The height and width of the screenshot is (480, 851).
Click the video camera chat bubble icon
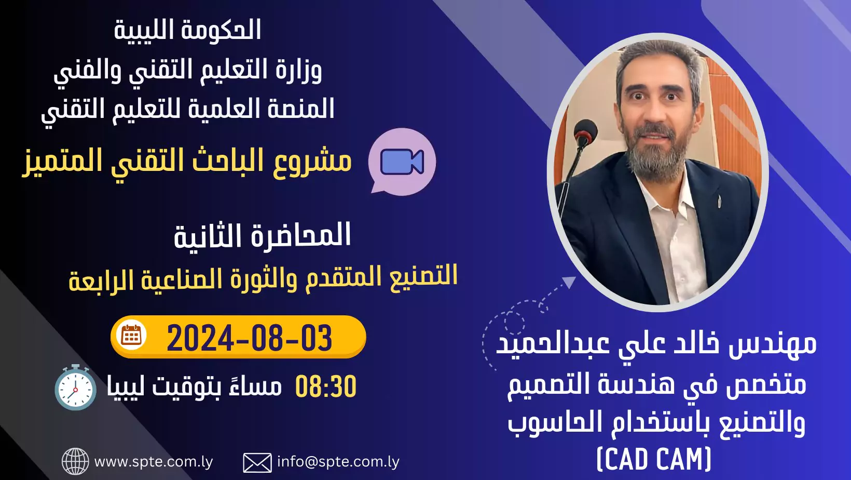[x=402, y=162]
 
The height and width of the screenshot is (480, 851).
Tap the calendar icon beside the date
[x=131, y=336]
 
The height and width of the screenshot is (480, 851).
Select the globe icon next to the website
[x=75, y=461]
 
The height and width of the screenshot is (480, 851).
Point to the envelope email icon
[x=257, y=462]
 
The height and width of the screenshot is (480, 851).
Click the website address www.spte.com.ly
[x=154, y=462]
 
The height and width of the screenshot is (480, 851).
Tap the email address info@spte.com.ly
[x=338, y=462]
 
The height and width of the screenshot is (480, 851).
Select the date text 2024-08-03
[x=249, y=338]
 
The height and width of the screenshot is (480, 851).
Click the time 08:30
[x=326, y=386]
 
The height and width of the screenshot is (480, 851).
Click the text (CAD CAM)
[x=654, y=459]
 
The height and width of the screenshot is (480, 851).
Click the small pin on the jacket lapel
[x=719, y=202]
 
